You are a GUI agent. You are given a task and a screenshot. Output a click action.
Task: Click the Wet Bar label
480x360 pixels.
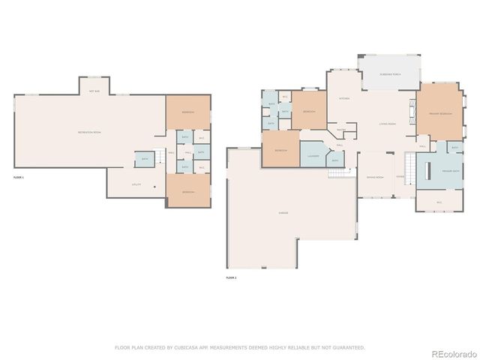point(95,91)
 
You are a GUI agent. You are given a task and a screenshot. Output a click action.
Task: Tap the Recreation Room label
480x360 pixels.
point(89,132)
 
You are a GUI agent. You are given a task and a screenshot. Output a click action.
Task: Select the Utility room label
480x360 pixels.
point(136,184)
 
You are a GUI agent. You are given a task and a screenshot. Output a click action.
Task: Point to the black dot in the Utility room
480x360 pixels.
point(154,187)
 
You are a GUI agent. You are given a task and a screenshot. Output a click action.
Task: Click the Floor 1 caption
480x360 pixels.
point(19,177)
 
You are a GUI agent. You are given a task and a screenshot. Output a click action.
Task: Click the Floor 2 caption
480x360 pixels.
point(231,277)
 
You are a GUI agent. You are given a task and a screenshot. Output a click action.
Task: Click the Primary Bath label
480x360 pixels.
point(451,172)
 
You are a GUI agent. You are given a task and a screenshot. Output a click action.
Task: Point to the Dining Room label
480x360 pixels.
point(375,177)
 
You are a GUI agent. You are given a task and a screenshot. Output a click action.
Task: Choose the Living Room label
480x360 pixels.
point(387,124)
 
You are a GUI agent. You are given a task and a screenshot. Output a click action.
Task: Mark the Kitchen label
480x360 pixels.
point(344,98)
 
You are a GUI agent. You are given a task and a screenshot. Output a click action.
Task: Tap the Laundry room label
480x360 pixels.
point(313,156)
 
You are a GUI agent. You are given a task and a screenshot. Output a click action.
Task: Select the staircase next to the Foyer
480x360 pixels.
point(409,164)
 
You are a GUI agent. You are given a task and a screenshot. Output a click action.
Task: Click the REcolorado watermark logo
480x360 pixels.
point(448,352)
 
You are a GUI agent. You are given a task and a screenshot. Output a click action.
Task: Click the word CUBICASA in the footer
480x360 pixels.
point(200,347)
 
